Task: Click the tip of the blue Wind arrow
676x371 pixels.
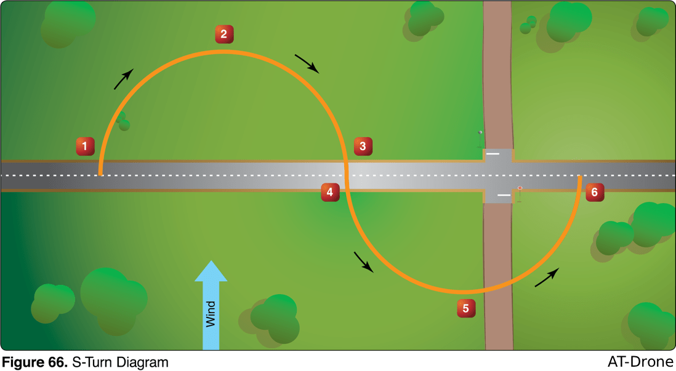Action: tap(211, 261)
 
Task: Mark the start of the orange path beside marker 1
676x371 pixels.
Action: tap(100, 175)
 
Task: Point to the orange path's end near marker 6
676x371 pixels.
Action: tap(580, 177)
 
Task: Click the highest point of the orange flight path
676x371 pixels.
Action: tap(222, 52)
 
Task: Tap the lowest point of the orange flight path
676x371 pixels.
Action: tap(464, 292)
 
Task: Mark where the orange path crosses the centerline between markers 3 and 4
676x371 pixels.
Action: tap(346, 175)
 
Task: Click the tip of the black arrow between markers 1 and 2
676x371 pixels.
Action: tap(133, 69)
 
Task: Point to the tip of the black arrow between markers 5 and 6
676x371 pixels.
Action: tap(559, 268)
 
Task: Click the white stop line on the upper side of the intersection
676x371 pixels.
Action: tap(493, 153)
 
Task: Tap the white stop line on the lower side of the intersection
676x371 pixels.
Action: tap(504, 195)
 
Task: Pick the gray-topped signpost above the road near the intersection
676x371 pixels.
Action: tap(480, 139)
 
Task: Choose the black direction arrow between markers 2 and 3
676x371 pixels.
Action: tap(307, 64)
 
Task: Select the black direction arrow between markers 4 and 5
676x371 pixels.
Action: tap(363, 262)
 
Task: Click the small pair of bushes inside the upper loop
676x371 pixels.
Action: tap(123, 121)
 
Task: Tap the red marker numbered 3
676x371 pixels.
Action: tap(363, 146)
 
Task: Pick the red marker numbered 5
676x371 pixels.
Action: tap(466, 308)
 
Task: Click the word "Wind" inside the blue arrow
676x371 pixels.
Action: tap(211, 314)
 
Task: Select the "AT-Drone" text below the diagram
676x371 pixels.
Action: tap(640, 362)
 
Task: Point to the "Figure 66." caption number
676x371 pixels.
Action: tap(35, 362)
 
